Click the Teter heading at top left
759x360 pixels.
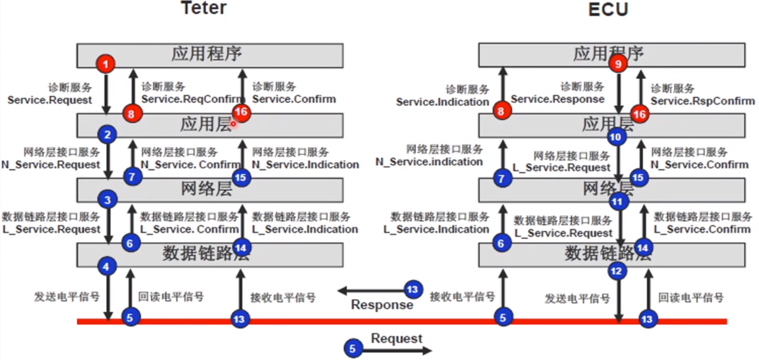click(204, 8)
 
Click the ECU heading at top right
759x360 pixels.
click(608, 9)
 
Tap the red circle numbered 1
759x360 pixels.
click(105, 64)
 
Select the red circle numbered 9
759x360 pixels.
click(617, 64)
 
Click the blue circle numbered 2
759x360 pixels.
click(107, 134)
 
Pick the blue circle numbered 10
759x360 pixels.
click(616, 137)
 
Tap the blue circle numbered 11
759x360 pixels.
click(617, 202)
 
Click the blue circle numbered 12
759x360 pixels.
click(616, 271)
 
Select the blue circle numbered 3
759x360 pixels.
click(107, 200)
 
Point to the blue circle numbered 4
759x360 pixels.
click(106, 267)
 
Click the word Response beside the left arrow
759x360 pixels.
click(381, 305)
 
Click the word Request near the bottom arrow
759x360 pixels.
click(396, 338)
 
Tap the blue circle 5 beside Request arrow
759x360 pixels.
click(352, 349)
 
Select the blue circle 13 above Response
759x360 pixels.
click(412, 289)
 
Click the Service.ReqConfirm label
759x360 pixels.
click(192, 99)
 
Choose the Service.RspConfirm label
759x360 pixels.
click(702, 101)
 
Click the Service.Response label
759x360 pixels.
click(557, 99)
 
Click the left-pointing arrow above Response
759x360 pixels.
click(370, 291)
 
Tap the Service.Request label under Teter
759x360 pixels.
click(50, 100)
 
